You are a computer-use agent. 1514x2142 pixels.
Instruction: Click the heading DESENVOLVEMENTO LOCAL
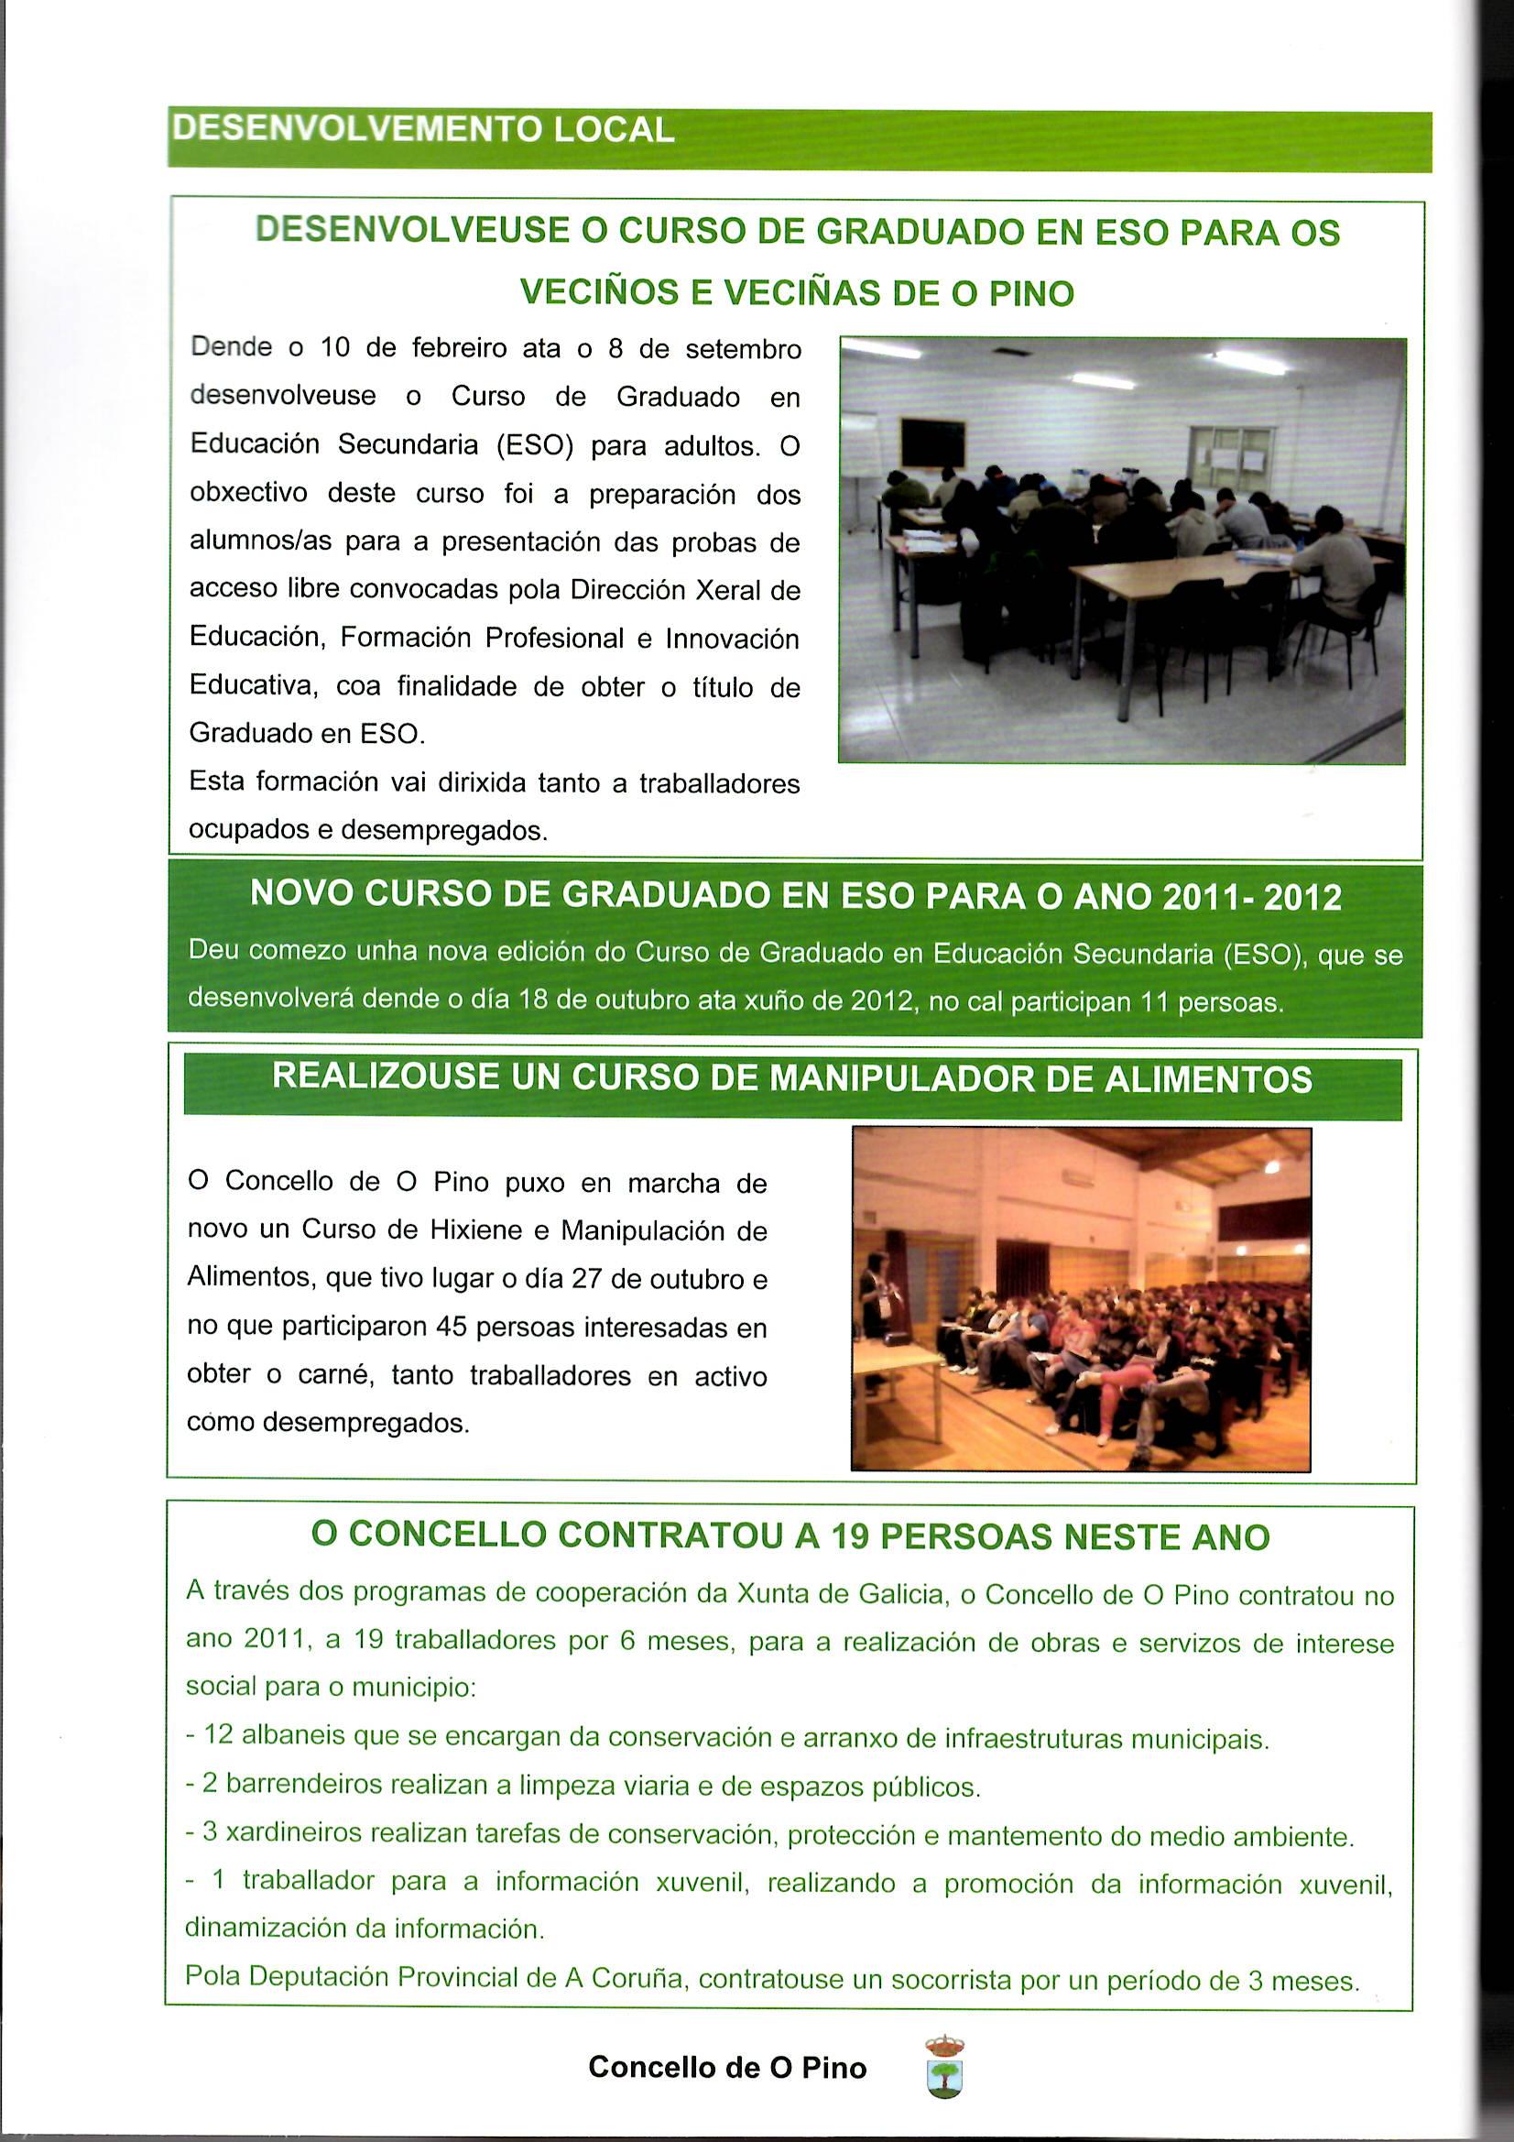[x=422, y=130]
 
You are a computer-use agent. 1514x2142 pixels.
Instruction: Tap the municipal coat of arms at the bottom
[x=944, y=2069]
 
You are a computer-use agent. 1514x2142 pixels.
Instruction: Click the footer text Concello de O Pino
[x=726, y=2068]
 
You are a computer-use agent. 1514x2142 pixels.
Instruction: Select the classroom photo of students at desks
[x=1122, y=551]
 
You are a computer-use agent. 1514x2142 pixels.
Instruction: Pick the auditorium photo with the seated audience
[x=1081, y=1298]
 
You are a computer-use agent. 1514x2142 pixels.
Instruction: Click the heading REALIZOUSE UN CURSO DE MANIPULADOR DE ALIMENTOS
[x=792, y=1078]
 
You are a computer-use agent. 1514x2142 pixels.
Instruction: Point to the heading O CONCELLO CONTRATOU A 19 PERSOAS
[x=790, y=1535]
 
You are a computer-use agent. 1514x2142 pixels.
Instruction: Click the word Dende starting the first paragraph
[x=232, y=348]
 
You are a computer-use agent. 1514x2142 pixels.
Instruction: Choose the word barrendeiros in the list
[x=305, y=1784]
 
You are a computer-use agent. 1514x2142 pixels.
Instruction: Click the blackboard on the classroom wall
[x=931, y=442]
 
